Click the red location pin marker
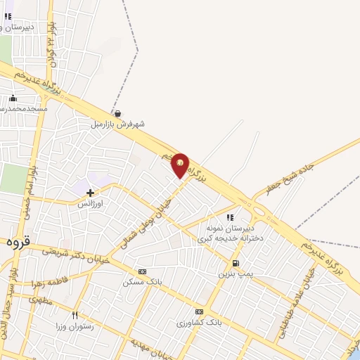pos(181,165)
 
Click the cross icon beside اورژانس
pos(91,192)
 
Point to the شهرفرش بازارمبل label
pos(117,124)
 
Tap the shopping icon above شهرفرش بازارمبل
pos(117,113)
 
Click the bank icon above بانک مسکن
pos(143,271)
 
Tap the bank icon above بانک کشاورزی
pos(199,311)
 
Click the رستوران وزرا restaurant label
pos(75,326)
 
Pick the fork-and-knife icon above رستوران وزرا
pos(75,316)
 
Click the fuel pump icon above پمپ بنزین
pos(235,264)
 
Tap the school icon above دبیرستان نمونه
pos(230,218)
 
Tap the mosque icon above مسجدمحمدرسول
pos(13,98)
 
